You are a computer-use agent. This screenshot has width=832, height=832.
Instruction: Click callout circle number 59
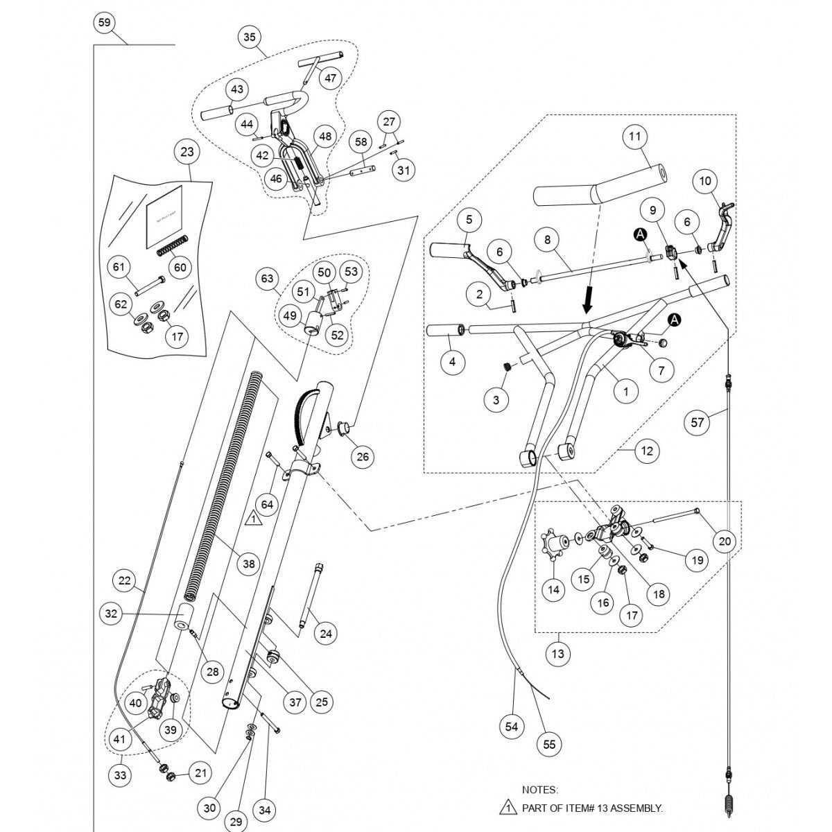(104, 23)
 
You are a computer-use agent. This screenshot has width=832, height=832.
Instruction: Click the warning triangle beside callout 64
(253, 517)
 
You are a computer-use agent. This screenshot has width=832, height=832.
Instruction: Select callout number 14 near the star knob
(553, 589)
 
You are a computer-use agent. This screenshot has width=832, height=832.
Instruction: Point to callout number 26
(363, 456)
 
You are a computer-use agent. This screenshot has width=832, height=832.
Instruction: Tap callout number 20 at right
(725, 541)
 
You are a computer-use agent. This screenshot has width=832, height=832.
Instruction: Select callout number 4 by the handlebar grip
(452, 362)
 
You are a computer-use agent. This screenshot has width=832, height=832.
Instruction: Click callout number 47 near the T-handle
(330, 78)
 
